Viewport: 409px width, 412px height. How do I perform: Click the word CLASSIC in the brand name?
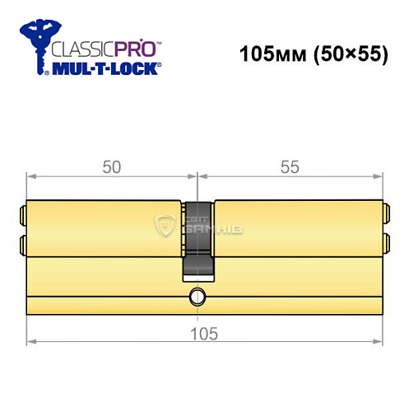click(82, 49)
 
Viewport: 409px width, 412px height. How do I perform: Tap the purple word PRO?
click(136, 49)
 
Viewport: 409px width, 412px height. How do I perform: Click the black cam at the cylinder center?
click(197, 239)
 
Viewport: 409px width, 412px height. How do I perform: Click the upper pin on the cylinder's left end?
click(22, 218)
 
